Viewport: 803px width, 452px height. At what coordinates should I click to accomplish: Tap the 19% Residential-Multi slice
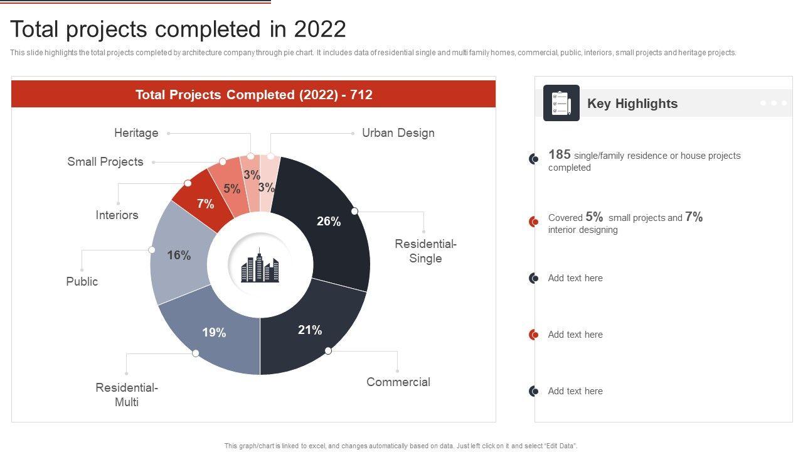click(213, 333)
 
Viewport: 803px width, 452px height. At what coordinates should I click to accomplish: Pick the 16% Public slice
click(179, 254)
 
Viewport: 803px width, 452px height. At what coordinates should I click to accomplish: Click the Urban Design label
click(398, 133)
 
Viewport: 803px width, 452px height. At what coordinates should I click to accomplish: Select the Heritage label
click(136, 133)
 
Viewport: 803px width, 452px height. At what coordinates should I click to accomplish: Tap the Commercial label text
click(398, 382)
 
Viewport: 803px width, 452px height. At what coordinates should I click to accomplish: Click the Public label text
click(82, 282)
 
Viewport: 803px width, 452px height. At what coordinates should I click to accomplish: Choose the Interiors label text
click(117, 215)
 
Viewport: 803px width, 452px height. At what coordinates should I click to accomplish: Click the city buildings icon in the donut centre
click(260, 266)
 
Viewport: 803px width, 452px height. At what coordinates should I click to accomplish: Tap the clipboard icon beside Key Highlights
click(561, 103)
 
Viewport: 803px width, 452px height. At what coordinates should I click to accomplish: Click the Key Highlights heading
click(632, 104)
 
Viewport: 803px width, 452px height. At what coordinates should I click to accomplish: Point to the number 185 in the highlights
click(559, 154)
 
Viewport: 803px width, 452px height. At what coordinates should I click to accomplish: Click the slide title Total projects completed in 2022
click(178, 30)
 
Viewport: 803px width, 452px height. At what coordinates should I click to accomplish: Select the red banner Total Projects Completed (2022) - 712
click(253, 95)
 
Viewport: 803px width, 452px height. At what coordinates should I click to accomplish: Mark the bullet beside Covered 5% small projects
click(534, 222)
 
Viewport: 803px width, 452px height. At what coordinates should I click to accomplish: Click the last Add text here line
click(575, 391)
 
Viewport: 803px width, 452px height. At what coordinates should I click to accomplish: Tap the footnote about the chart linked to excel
click(400, 446)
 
